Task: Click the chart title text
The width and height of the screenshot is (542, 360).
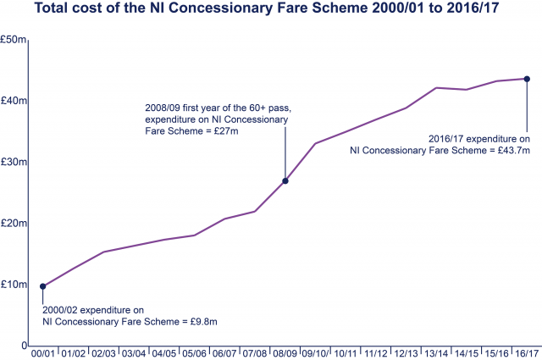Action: (271, 11)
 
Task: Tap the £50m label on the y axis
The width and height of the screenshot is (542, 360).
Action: (14, 40)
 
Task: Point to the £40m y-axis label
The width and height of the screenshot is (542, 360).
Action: (14, 101)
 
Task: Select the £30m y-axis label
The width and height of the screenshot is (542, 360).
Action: (14, 162)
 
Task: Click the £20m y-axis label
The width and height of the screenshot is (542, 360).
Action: (14, 223)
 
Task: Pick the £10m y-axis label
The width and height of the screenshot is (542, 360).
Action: (14, 284)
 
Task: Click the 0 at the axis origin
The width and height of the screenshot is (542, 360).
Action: (23, 345)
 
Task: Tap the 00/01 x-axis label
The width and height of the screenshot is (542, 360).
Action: (43, 353)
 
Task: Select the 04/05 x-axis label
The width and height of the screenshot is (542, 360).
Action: (164, 353)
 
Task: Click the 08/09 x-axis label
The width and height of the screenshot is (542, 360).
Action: (285, 353)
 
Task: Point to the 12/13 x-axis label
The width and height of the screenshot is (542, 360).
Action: (406, 353)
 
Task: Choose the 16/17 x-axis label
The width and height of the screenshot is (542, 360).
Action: (527, 353)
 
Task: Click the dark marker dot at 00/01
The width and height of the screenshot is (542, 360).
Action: (43, 286)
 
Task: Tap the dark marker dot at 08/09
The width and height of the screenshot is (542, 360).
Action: (285, 181)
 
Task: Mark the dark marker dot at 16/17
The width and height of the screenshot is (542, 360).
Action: (527, 79)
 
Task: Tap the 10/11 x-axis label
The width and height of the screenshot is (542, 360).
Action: (346, 353)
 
